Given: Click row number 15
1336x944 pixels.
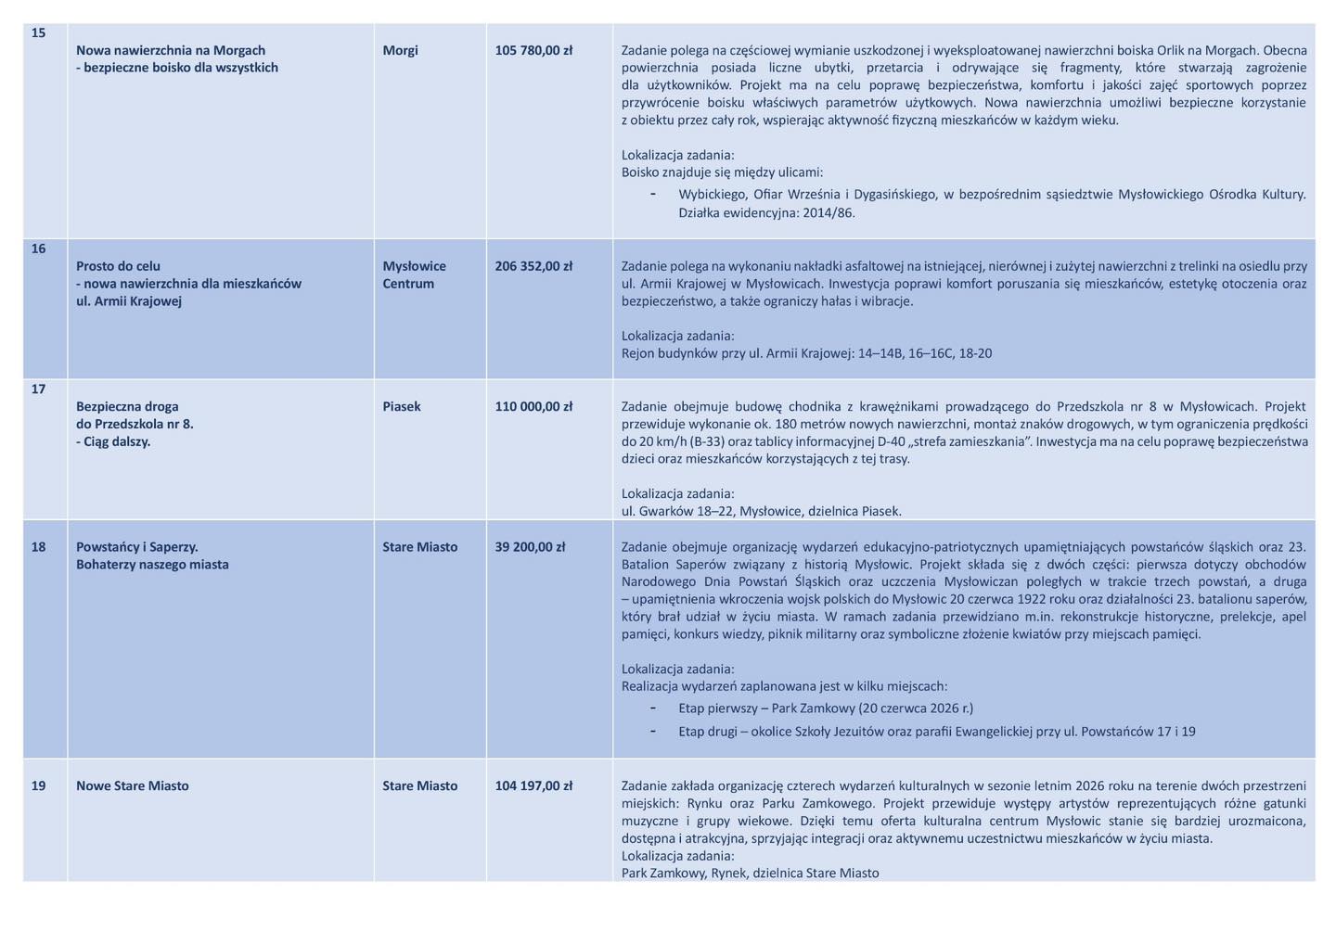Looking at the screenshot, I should click(x=38, y=33).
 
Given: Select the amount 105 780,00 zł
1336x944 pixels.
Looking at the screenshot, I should click(x=533, y=50).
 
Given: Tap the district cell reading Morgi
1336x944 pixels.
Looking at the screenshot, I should click(x=400, y=50).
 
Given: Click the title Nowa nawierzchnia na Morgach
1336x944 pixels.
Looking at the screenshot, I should click(x=171, y=50).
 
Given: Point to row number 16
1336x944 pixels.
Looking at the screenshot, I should click(x=38, y=249).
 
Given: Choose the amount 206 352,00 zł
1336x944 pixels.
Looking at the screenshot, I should click(x=533, y=266).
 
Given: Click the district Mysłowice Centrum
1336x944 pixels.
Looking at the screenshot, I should click(x=414, y=274).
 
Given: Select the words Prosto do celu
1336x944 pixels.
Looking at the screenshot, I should click(x=118, y=266).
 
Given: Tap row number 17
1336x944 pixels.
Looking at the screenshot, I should click(x=38, y=389).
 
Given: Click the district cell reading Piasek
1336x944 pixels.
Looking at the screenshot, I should click(x=402, y=406).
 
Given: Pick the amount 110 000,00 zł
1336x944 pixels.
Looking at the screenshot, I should click(x=533, y=406).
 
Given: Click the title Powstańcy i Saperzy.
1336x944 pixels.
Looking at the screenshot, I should click(x=137, y=547).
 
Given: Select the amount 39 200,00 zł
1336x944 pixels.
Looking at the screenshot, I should click(x=530, y=547).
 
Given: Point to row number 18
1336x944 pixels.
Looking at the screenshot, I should click(x=38, y=547).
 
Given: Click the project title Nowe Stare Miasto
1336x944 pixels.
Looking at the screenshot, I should click(x=133, y=786).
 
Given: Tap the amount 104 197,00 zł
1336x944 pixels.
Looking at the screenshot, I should click(x=533, y=786).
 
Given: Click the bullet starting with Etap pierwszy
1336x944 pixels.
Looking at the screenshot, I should click(x=826, y=708).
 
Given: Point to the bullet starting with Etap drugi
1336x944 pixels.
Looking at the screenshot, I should click(x=936, y=732).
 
